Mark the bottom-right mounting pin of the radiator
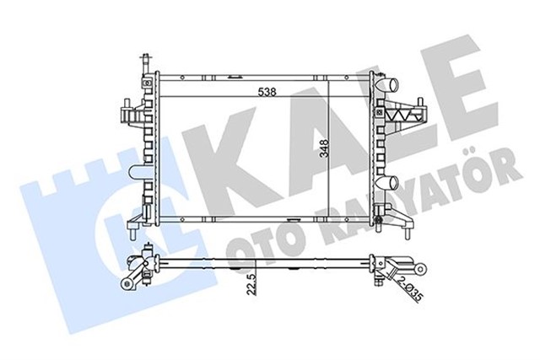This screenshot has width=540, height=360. (386, 225)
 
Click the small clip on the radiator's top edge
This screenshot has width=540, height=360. (354, 77)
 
